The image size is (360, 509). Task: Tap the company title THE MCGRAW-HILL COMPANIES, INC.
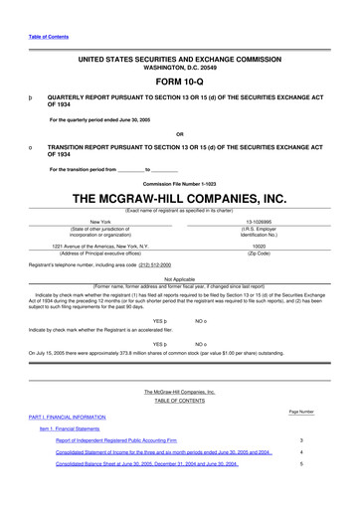(x=179, y=199)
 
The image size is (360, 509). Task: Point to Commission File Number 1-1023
(x=179, y=185)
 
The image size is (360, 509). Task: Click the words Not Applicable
(x=179, y=279)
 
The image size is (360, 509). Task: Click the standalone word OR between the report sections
(x=179, y=134)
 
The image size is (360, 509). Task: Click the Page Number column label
(x=300, y=411)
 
